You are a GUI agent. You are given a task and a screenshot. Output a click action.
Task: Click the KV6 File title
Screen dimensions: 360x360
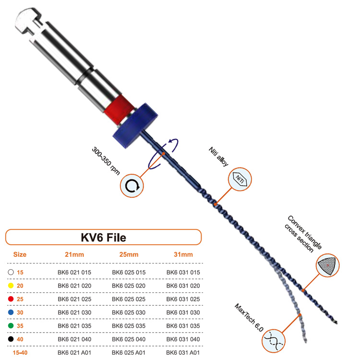pyautogui.click(x=103, y=237)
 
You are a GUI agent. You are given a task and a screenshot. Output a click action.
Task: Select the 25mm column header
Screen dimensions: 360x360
pyautogui.click(x=125, y=254)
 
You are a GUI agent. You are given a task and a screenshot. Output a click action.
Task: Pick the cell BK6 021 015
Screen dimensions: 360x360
pyautogui.click(x=74, y=272)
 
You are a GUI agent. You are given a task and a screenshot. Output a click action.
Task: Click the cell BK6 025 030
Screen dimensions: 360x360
pyautogui.click(x=128, y=312)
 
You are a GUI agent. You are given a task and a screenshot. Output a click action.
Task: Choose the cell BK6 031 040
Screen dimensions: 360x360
pyautogui.click(x=183, y=339)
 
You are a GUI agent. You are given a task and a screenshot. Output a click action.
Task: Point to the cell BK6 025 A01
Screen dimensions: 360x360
pyautogui.click(x=128, y=353)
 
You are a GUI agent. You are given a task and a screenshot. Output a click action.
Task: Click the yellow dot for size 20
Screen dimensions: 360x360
pyautogui.click(x=11, y=286)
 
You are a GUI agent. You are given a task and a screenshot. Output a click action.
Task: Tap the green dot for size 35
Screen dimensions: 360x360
pyautogui.click(x=11, y=326)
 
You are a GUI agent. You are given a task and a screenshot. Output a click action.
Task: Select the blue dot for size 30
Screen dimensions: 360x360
pyautogui.click(x=11, y=312)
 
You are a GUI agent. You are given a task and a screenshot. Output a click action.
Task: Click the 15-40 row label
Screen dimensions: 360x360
pyautogui.click(x=20, y=353)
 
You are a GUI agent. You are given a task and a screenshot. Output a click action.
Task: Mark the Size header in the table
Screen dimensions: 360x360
pyautogui.click(x=20, y=254)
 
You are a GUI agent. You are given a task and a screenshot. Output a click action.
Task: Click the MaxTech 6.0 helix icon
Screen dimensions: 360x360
pyautogui.click(x=274, y=340)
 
